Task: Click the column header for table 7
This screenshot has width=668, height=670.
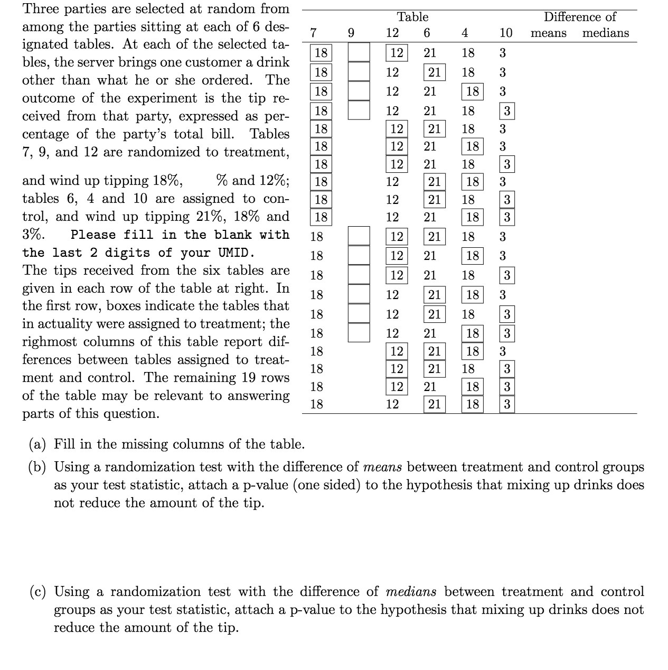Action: [313, 33]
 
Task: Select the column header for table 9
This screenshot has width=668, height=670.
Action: [351, 33]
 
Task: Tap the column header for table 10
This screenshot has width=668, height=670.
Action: [505, 33]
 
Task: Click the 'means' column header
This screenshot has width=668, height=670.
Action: [548, 33]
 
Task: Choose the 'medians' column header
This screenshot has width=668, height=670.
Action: [605, 33]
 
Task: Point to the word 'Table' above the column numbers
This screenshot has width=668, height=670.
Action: [412, 17]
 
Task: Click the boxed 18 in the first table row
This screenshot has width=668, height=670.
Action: [321, 53]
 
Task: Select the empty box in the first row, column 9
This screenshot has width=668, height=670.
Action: [359, 53]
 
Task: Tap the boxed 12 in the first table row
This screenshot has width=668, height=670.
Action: [397, 53]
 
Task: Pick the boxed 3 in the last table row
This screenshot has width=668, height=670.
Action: [506, 405]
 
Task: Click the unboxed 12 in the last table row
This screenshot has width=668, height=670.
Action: [392, 405]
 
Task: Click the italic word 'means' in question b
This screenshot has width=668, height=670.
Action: [383, 467]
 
